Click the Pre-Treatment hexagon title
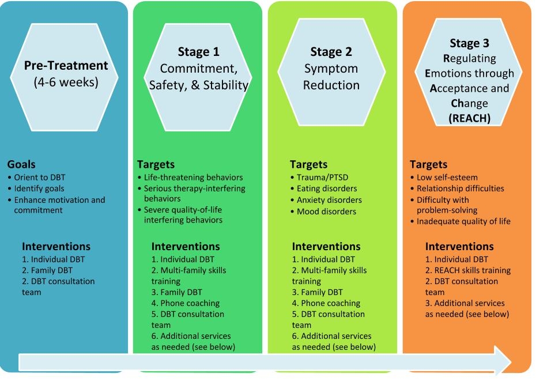coord(66,65)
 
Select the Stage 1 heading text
coord(198,52)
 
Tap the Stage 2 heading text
coord(331,52)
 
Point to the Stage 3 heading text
coord(469,43)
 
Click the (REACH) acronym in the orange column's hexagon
coord(469,118)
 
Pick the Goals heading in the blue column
coord(21,164)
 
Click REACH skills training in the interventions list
coord(468,270)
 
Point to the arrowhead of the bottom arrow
coord(511,362)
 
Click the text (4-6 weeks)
coord(66,82)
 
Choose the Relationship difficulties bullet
coord(460,188)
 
